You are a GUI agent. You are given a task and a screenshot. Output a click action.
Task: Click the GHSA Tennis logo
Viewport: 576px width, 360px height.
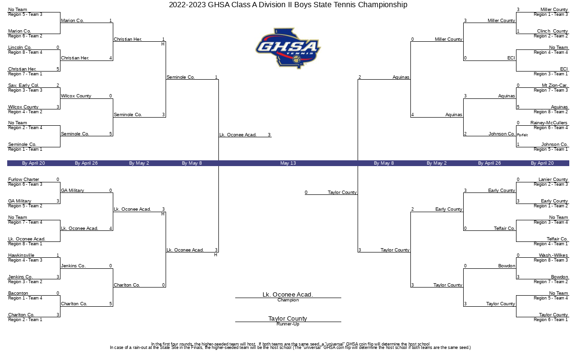[288, 48]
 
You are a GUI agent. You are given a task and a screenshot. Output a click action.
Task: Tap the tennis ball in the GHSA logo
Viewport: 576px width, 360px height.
[297, 60]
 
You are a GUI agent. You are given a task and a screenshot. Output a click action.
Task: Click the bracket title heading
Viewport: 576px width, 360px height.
[288, 5]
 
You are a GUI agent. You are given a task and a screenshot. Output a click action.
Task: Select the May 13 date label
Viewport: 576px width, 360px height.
[288, 163]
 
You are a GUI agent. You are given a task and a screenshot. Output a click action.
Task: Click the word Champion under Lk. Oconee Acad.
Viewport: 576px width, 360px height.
[288, 300]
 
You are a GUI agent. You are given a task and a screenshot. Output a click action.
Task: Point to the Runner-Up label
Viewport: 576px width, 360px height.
[288, 324]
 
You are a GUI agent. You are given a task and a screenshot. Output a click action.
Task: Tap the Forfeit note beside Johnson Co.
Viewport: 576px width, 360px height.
[522, 135]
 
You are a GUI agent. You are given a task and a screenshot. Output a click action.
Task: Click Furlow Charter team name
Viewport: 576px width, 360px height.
[24, 180]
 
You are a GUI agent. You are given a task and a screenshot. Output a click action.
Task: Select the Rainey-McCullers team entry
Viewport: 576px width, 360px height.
[549, 123]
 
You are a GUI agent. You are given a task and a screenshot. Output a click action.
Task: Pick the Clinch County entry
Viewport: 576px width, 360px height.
[552, 31]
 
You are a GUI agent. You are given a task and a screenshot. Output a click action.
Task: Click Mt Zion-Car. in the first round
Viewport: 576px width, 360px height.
[555, 85]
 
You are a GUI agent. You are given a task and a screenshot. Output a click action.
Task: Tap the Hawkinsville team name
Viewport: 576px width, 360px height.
[21, 255]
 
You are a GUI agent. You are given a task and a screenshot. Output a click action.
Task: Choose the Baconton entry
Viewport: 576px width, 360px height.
[18, 293]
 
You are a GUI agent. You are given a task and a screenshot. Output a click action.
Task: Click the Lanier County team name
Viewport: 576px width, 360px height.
[553, 180]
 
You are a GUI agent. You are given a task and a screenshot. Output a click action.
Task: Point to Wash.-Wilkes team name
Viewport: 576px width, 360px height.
[553, 255]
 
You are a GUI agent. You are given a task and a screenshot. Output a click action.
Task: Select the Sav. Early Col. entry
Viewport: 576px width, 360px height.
[24, 85]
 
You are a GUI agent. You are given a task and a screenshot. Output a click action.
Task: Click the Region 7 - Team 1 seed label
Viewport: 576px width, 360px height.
[25, 74]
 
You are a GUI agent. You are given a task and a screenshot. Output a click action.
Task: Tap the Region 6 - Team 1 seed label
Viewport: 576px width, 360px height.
[551, 320]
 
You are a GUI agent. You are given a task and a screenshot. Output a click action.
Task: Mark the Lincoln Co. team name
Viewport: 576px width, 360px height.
[20, 48]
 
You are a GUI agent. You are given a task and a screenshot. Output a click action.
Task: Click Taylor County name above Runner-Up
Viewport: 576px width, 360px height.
[288, 319]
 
